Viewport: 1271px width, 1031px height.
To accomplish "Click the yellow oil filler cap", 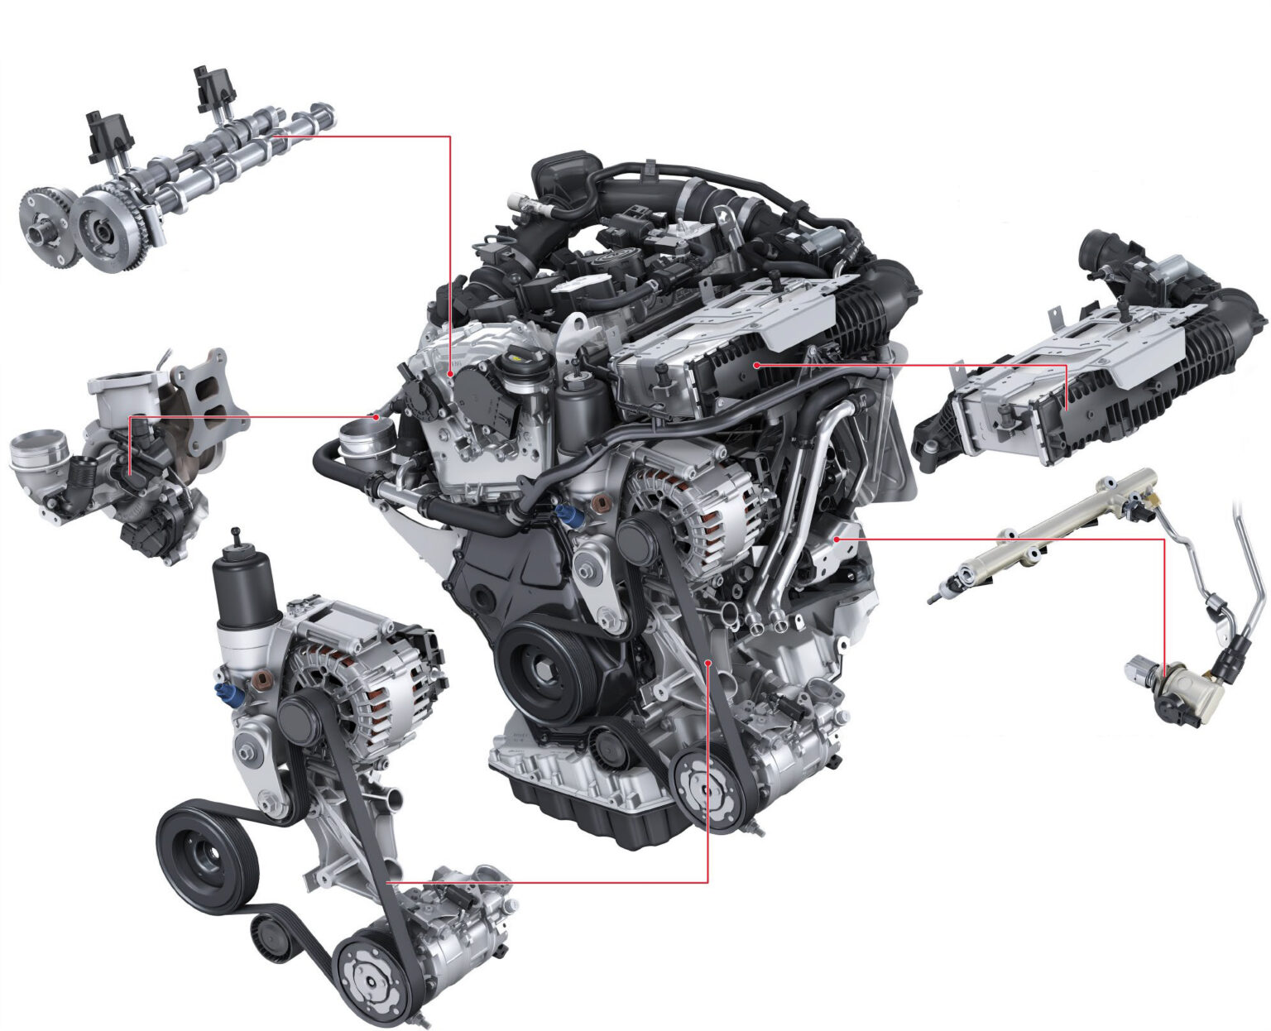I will [x=519, y=358].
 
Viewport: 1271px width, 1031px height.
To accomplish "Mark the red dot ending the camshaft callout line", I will [x=450, y=374].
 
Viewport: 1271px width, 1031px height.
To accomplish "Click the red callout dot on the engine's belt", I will [x=708, y=663].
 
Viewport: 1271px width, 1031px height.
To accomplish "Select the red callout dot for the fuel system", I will [x=837, y=539].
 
